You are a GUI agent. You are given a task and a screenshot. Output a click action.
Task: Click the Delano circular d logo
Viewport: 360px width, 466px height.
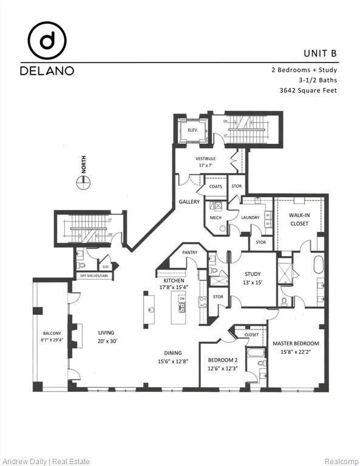click(x=47, y=41)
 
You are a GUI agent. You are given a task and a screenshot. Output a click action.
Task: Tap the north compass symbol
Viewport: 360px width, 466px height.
click(x=84, y=181)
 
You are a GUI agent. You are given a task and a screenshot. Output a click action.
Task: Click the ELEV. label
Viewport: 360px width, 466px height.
click(x=193, y=129)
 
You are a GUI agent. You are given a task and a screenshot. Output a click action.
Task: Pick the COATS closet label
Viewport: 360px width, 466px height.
click(x=216, y=186)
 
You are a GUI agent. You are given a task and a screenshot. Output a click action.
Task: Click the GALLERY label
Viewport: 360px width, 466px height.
click(x=189, y=202)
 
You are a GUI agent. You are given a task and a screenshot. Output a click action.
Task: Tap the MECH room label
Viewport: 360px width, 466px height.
click(x=216, y=217)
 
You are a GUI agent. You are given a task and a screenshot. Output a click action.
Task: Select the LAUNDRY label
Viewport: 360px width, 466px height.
click(x=250, y=217)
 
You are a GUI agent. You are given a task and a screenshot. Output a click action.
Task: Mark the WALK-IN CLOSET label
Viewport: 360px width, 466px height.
click(x=298, y=219)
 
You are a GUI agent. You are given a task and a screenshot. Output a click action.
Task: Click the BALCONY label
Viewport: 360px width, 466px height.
click(x=51, y=333)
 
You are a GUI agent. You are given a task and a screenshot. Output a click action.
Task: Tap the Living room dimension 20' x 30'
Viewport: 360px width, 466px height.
click(x=106, y=340)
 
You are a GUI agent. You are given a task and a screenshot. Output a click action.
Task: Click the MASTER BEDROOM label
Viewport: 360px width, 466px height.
click(x=296, y=343)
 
